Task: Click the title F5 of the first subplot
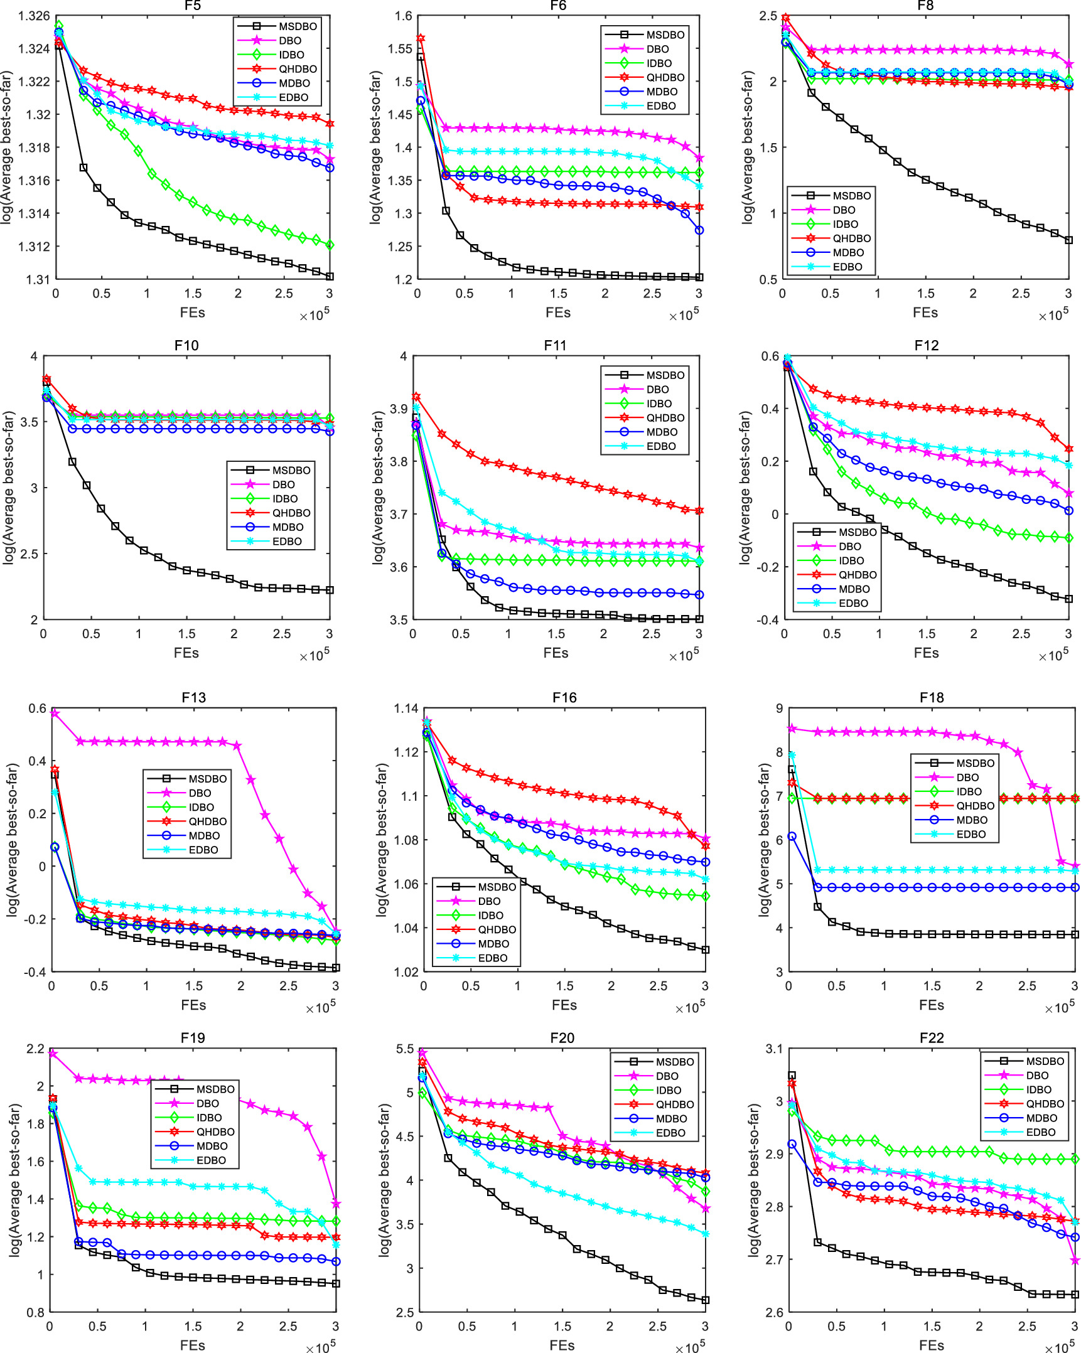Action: tap(193, 6)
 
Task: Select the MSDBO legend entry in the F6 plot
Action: tap(665, 35)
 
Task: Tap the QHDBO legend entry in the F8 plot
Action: tap(851, 238)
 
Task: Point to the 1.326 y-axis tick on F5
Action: tap(34, 16)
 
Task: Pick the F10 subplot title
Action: tap(186, 346)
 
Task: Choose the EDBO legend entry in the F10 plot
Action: tap(286, 542)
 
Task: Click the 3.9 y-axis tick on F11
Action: tap(399, 409)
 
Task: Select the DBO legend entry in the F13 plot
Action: tap(200, 793)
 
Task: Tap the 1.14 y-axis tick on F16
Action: tap(406, 709)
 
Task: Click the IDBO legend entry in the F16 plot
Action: tap(490, 916)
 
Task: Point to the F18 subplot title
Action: tap(932, 698)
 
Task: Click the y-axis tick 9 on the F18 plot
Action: tap(779, 709)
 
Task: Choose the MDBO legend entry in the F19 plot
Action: tap(212, 1146)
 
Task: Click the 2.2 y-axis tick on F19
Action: tap(36, 1049)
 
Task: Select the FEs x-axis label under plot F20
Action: tap(562, 1345)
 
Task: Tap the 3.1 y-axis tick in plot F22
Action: tap(774, 1049)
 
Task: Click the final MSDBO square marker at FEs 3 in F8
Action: tap(1068, 240)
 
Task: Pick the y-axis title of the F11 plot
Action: tap(377, 488)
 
